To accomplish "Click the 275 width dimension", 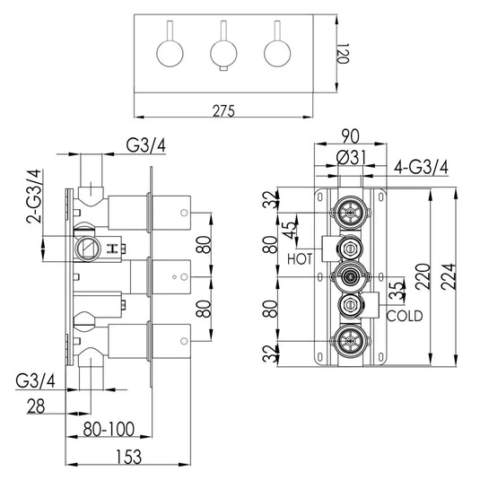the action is [223, 111].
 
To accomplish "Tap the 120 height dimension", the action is [343, 53].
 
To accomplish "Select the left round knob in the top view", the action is [170, 53].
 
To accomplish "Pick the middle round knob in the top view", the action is [223, 53].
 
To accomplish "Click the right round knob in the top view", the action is [277, 53].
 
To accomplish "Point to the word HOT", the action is [300, 259].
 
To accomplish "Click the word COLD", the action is [405, 316].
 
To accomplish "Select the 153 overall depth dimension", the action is [129, 457].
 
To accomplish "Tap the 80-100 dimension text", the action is [109, 429].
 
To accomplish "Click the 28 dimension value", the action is [36, 406].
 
